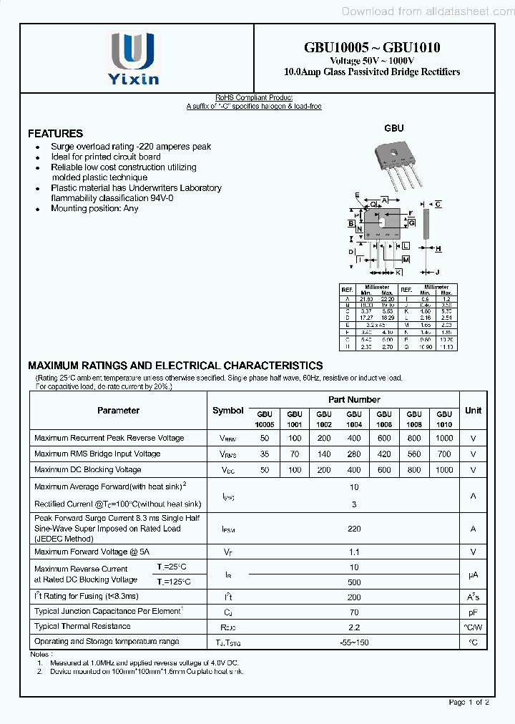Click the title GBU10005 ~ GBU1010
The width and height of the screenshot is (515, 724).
click(372, 48)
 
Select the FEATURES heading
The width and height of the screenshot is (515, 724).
click(55, 134)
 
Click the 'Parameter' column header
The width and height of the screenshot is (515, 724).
click(118, 411)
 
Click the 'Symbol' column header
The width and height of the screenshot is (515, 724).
click(228, 411)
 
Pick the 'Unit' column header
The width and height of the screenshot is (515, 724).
click(473, 411)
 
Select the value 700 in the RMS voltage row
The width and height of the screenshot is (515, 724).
click(443, 454)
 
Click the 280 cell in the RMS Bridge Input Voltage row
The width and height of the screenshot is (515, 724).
click(353, 454)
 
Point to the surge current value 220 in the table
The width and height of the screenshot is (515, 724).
click(353, 529)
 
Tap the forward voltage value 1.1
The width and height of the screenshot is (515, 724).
click(353, 552)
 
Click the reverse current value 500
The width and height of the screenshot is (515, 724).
click(353, 582)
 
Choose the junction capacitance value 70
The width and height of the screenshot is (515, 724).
click(353, 612)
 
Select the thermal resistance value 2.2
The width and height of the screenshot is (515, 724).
click(353, 627)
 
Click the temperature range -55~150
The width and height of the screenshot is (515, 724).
click(353, 642)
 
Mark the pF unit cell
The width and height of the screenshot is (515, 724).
click(473, 612)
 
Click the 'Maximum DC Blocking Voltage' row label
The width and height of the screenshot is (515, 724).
click(87, 470)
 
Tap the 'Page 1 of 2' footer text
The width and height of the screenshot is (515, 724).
click(469, 703)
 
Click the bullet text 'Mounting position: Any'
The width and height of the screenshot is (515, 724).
click(94, 209)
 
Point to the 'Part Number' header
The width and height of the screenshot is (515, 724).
click(354, 400)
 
